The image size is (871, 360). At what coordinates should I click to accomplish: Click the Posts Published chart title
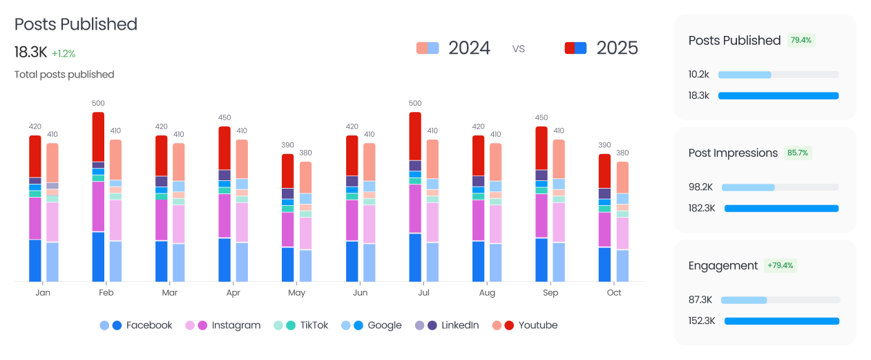pyautogui.click(x=76, y=24)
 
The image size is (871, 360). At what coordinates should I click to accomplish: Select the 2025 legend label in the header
pyautogui.click(x=617, y=48)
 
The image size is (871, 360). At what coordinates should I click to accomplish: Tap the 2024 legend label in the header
pyautogui.click(x=469, y=48)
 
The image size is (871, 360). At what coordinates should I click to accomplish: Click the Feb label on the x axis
pyautogui.click(x=106, y=293)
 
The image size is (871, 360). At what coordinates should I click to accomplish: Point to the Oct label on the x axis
pyautogui.click(x=614, y=293)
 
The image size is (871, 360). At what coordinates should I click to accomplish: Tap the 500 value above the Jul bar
pyautogui.click(x=415, y=104)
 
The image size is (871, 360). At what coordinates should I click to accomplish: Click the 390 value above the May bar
pyautogui.click(x=287, y=145)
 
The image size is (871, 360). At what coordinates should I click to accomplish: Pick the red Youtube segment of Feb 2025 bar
pyautogui.click(x=98, y=137)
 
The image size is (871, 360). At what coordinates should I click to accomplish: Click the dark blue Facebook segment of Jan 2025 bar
pyautogui.click(x=35, y=260)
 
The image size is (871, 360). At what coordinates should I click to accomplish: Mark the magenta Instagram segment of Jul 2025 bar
pyautogui.click(x=415, y=209)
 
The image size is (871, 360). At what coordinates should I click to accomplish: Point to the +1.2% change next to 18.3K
pyautogui.click(x=64, y=53)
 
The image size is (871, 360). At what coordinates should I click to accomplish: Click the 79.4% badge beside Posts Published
pyautogui.click(x=801, y=40)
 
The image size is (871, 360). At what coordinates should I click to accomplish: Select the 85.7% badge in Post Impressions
pyautogui.click(x=798, y=153)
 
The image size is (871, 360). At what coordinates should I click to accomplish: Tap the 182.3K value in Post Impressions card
pyautogui.click(x=702, y=208)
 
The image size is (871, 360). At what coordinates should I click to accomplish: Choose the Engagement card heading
pyautogui.click(x=723, y=265)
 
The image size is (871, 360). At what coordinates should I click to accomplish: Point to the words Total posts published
pyautogui.click(x=64, y=75)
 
